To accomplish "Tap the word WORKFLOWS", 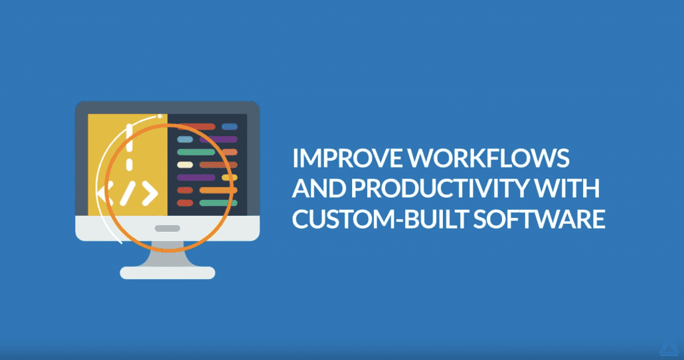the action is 489,158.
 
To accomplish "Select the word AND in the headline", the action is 319,188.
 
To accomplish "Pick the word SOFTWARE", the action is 539,219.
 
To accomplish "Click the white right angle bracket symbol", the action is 149,194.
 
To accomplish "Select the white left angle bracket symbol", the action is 105,194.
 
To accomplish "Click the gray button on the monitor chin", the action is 167,228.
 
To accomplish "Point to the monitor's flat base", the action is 167,273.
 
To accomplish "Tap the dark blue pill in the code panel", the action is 230,127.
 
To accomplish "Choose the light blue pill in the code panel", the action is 185,139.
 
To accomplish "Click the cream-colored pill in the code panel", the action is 185,165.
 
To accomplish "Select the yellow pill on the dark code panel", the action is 230,177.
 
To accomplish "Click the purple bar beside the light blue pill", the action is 218,139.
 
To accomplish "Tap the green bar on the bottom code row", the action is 218,203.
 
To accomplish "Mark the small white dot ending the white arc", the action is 160,116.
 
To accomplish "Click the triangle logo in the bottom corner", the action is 669,349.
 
